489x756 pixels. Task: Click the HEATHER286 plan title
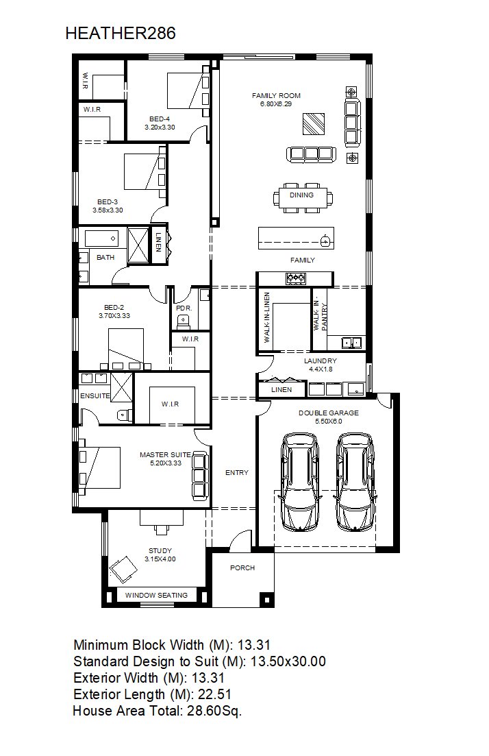pyautogui.click(x=121, y=34)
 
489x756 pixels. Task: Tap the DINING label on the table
pyautogui.click(x=301, y=195)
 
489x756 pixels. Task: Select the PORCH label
pyautogui.click(x=242, y=568)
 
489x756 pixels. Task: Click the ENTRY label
pyautogui.click(x=237, y=473)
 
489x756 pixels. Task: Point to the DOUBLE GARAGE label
pyautogui.click(x=329, y=413)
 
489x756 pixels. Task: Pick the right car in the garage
pyautogui.click(x=355, y=482)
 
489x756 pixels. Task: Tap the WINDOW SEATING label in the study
pyautogui.click(x=157, y=596)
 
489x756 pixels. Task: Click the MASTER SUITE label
pyautogui.click(x=165, y=454)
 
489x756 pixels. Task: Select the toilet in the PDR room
pyautogui.click(x=183, y=319)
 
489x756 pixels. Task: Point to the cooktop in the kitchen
pyautogui.click(x=295, y=278)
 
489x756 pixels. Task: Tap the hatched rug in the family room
pyautogui.click(x=314, y=124)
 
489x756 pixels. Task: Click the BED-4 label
pyautogui.click(x=160, y=119)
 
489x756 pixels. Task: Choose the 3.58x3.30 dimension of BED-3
pyautogui.click(x=108, y=210)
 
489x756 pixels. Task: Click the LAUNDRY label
pyautogui.click(x=321, y=361)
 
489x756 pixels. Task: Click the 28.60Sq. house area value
pyautogui.click(x=214, y=711)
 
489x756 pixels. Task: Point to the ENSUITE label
pyautogui.click(x=95, y=396)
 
